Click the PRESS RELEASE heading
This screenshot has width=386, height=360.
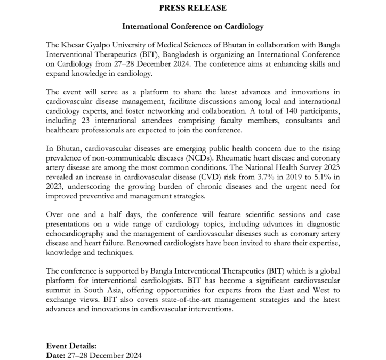click(x=193, y=7)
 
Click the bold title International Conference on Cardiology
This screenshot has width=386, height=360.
click(x=193, y=26)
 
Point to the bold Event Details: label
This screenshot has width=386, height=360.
click(x=71, y=346)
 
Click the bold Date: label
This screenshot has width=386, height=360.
click(x=56, y=355)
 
